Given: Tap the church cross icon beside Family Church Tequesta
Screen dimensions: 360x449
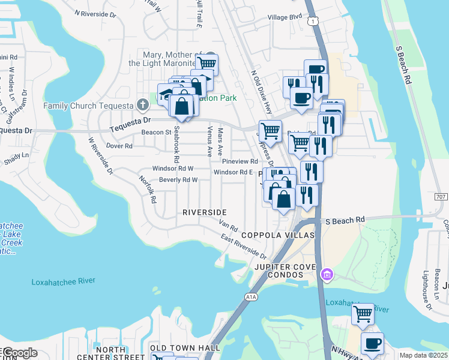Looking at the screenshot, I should click(x=142, y=105).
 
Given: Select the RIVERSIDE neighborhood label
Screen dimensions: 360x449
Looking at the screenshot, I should click(x=205, y=212).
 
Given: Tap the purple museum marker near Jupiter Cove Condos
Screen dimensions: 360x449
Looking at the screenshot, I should click(x=327, y=275).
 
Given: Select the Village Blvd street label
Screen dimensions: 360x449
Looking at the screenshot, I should click(x=285, y=18).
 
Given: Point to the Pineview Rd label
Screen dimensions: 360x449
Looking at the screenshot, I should click(x=240, y=161).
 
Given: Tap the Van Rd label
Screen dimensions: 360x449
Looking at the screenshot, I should click(x=229, y=226).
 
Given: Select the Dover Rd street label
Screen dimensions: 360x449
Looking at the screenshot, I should click(x=119, y=146).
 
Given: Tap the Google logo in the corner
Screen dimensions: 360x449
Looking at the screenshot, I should click(x=20, y=353).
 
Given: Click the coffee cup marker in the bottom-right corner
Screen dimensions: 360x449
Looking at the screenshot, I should click(x=372, y=343).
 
